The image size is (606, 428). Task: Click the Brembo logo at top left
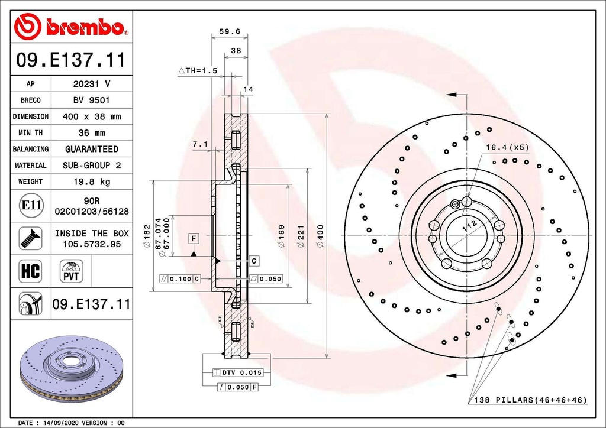(x=71, y=27)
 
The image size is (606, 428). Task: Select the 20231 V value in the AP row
(x=91, y=84)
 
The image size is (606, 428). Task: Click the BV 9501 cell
(x=91, y=100)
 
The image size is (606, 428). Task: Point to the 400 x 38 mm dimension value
(x=91, y=116)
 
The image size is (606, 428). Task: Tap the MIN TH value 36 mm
(x=91, y=133)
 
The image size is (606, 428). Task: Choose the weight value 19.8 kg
(x=91, y=181)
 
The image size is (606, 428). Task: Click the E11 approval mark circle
(x=30, y=206)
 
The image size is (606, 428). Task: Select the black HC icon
(x=30, y=271)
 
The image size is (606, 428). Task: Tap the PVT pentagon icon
(x=72, y=271)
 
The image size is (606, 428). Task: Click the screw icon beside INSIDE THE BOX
(x=30, y=238)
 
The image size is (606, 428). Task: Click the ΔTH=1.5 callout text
(x=198, y=70)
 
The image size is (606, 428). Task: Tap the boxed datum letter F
(x=193, y=238)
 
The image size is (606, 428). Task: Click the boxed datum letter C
(x=253, y=260)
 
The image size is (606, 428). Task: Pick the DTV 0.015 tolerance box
(x=237, y=373)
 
